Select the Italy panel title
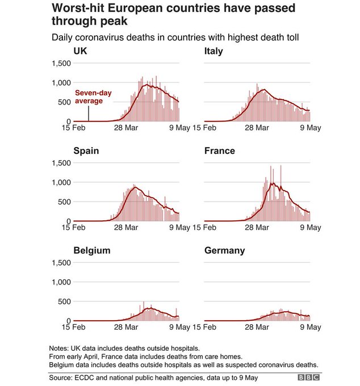214,52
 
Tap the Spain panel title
86,151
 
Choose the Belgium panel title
92,250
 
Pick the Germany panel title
224,250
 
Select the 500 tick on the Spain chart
64,202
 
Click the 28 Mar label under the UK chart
126,128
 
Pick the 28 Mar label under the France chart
257,228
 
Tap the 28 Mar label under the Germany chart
257,327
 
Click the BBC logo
309,377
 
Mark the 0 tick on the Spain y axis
68,221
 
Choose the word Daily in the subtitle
62,37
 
